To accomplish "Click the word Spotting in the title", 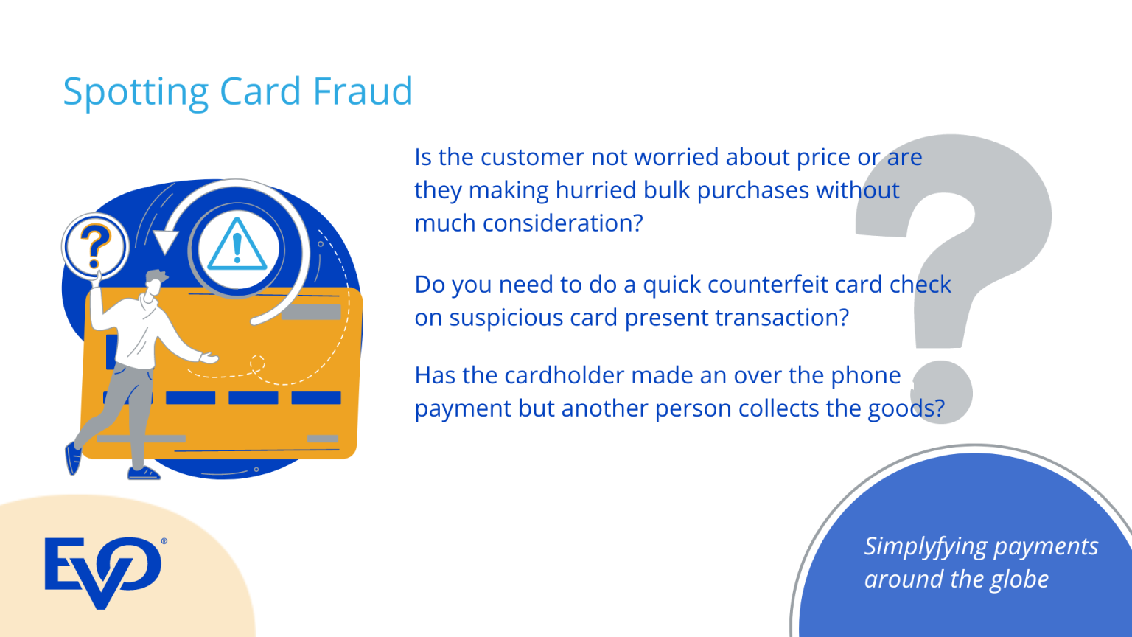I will pos(136,93).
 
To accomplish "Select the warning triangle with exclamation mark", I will pos(237,246).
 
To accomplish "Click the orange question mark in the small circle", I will pos(95,246).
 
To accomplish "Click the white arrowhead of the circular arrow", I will pos(165,240).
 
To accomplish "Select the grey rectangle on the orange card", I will pos(311,312).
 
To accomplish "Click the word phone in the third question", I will pos(866,376).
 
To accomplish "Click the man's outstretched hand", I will pos(210,358).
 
